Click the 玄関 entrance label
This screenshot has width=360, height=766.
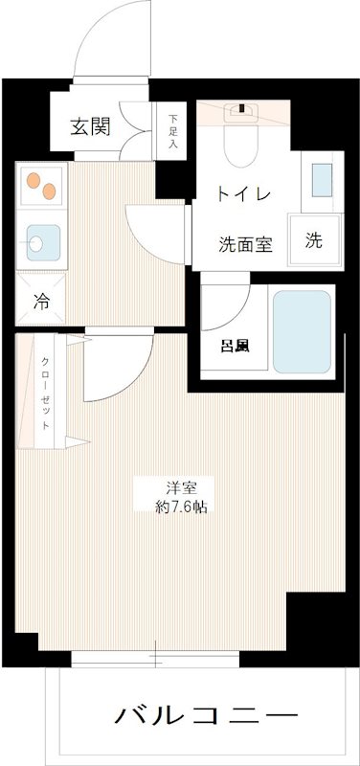(x=88, y=127)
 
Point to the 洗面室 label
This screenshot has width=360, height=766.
(x=245, y=243)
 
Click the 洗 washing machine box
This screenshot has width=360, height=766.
(x=314, y=242)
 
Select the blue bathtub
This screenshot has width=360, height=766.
(x=302, y=331)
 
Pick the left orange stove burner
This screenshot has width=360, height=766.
(x=34, y=180)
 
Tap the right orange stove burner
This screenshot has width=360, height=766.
(x=49, y=191)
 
